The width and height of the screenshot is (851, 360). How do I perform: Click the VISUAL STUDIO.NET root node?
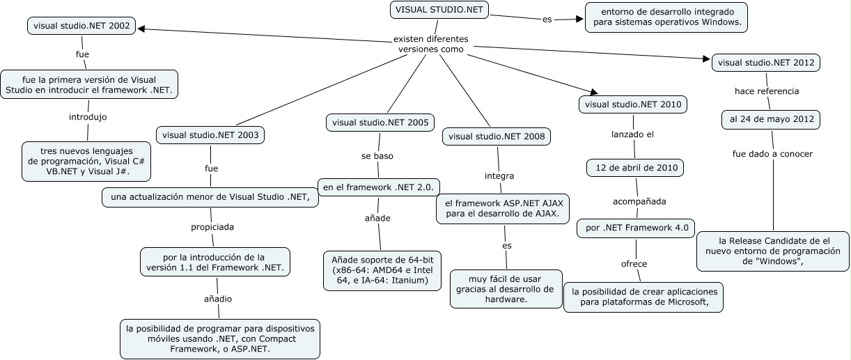[x=439, y=10]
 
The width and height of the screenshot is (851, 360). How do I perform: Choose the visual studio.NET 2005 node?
[x=380, y=123]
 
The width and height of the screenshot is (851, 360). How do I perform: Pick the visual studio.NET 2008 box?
[x=496, y=136]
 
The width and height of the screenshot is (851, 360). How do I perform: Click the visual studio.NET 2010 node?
[x=633, y=104]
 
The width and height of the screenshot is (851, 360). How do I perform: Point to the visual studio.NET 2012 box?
[x=765, y=63]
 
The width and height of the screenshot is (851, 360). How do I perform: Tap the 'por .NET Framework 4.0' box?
[x=637, y=228]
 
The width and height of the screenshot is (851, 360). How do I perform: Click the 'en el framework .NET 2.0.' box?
[x=378, y=186]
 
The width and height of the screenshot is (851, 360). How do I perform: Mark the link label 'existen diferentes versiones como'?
[x=430, y=44]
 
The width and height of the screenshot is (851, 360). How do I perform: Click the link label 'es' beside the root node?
[x=547, y=19]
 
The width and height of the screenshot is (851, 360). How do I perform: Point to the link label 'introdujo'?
[x=88, y=116]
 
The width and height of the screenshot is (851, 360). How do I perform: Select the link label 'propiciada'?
[x=212, y=227]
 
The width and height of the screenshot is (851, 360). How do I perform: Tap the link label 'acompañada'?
[x=639, y=201]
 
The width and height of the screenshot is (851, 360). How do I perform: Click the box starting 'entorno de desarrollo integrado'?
[x=666, y=17]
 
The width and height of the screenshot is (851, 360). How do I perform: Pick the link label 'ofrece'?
[x=634, y=264]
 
